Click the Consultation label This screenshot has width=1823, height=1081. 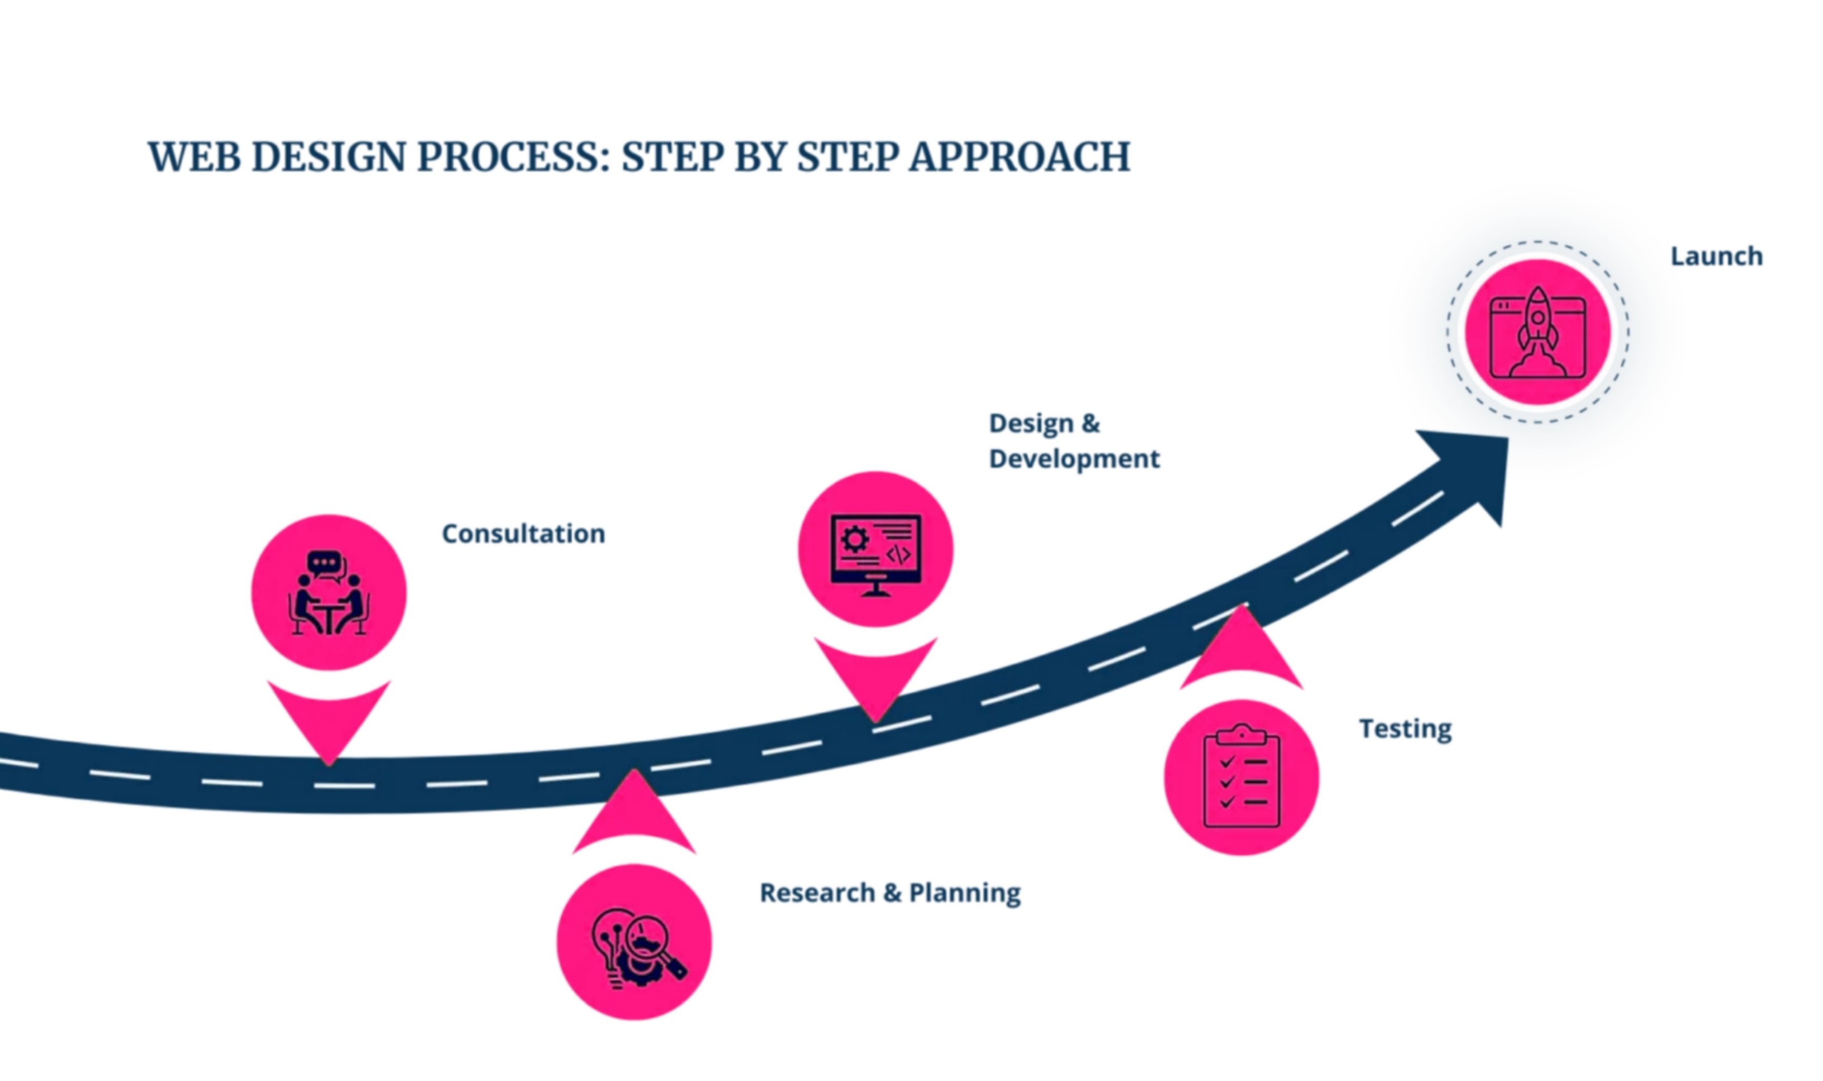[x=523, y=534]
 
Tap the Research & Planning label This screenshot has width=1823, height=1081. [x=889, y=893]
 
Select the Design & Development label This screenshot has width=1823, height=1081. [x=1073, y=441]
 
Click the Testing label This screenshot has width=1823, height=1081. [x=1405, y=729]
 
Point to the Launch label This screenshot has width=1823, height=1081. [x=1716, y=256]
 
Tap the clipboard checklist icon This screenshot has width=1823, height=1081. [x=1241, y=777]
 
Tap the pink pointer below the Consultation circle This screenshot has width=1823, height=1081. [x=328, y=718]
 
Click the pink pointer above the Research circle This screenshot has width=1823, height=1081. [x=635, y=816]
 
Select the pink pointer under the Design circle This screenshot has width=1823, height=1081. [x=875, y=674]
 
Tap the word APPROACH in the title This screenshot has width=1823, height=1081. [x=1019, y=157]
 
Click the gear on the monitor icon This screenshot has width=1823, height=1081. [x=854, y=540]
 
